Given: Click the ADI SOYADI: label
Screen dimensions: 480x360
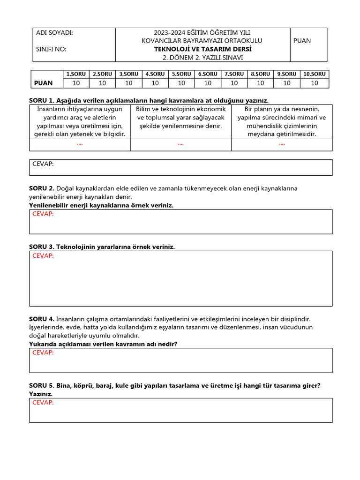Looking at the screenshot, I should tap(54, 33).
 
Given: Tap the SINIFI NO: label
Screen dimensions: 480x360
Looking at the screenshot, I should tap(51, 49).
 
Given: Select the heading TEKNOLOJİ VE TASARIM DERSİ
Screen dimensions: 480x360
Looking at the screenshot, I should tap(202, 49).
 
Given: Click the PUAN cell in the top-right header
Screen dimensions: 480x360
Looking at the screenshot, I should tap(302, 41).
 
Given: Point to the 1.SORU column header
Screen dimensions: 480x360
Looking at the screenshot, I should tap(76, 74).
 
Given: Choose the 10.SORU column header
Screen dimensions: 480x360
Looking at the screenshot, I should tap(314, 74).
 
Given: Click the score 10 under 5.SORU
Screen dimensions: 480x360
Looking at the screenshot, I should tap(181, 83).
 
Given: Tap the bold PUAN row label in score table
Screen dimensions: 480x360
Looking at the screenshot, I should tap(44, 83).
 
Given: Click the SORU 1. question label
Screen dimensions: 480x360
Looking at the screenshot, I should tap(42, 100).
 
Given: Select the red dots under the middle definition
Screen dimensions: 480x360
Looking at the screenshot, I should tap(181, 144).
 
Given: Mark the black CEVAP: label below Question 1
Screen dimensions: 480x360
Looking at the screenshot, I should tap(43, 164).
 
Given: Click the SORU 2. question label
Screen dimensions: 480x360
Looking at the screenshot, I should tap(42, 188).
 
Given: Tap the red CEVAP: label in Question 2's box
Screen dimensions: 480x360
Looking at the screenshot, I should tap(43, 214).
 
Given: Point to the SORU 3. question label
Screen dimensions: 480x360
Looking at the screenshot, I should tap(42, 247).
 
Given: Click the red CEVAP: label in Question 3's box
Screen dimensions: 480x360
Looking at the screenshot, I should tap(43, 255).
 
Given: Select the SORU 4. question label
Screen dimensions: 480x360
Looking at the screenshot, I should tap(42, 319).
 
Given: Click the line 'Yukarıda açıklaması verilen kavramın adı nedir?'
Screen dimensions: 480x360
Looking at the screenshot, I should tap(103, 344).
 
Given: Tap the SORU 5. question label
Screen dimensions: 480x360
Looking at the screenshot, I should tap(42, 386).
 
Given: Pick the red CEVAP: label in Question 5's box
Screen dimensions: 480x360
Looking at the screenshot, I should tap(43, 402).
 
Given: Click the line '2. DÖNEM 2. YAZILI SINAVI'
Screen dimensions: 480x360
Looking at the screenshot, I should tap(202, 58).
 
